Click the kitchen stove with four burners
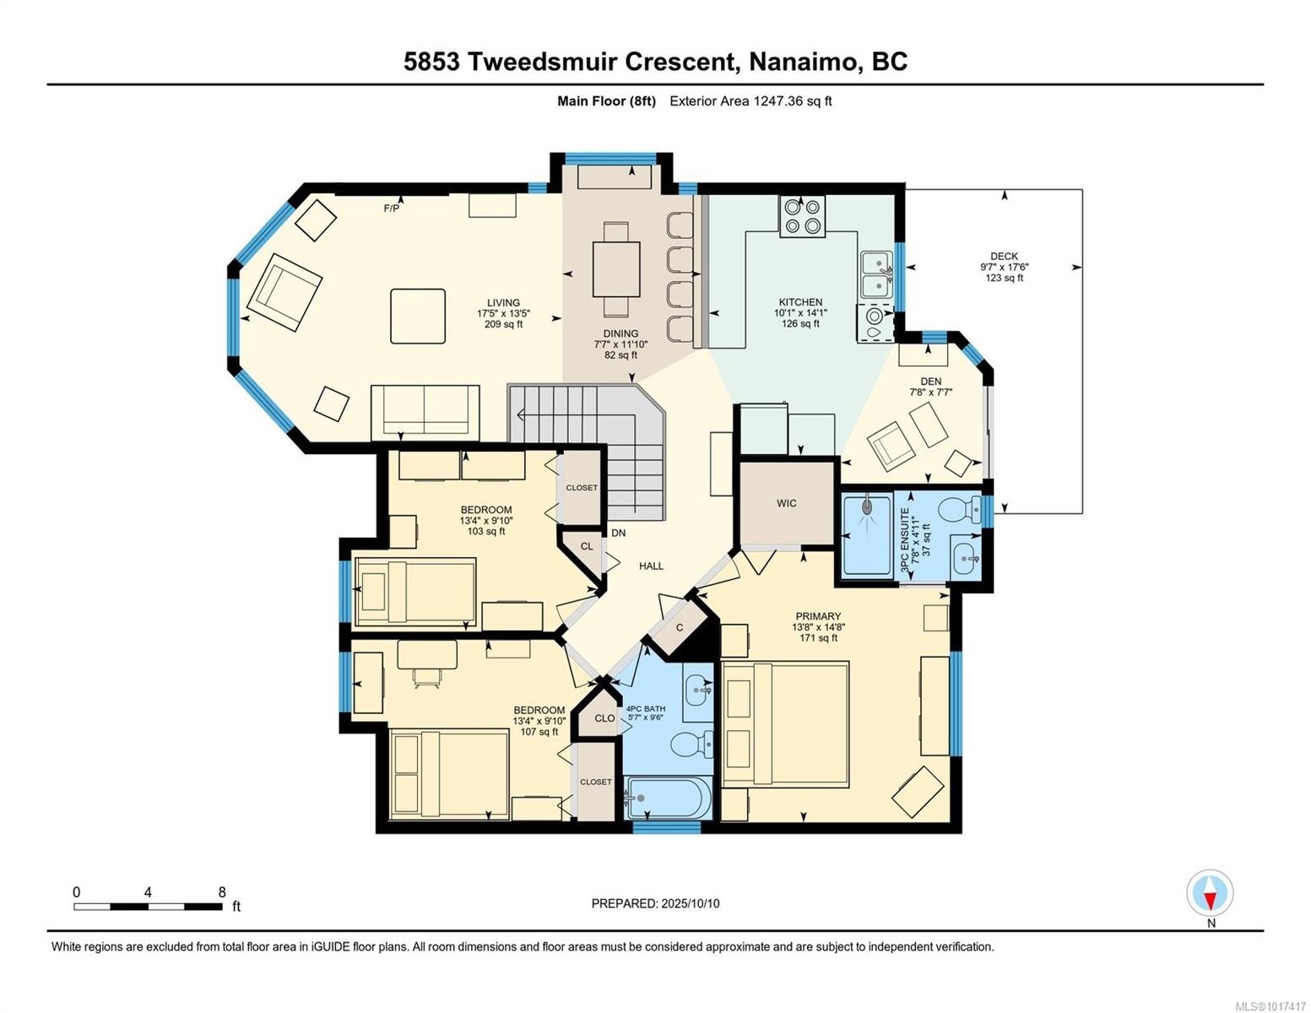click(802, 214)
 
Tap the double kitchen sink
click(876, 275)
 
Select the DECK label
click(1004, 256)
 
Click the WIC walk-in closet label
click(786, 503)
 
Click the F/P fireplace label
click(392, 208)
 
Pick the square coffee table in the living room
click(418, 316)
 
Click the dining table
click(616, 268)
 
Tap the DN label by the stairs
click(619, 533)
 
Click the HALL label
click(651, 566)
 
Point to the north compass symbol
click(1210, 893)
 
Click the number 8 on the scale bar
click(222, 892)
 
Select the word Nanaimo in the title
click(797, 62)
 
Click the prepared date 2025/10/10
click(690, 903)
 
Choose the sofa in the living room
click(425, 411)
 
